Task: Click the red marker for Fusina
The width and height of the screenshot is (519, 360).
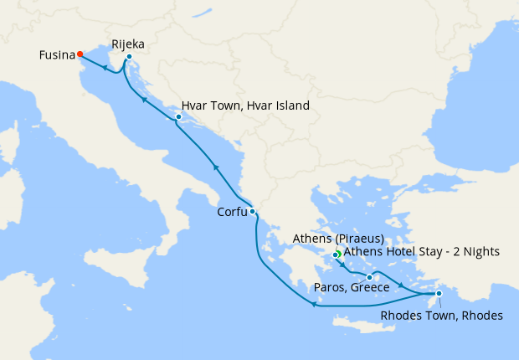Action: coord(80,54)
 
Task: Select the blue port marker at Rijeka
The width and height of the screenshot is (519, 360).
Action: coord(129,58)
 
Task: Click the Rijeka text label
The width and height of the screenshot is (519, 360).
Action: coord(128,44)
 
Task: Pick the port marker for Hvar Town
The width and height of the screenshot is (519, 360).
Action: coord(178,117)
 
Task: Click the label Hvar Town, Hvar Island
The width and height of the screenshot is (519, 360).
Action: coord(245,106)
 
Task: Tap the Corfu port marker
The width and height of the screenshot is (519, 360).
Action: coord(252,212)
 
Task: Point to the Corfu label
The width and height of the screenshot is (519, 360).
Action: coord(232,212)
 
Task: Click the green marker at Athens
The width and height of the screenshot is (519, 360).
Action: coord(336,255)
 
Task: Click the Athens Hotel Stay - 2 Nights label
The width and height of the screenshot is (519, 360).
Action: coord(421,251)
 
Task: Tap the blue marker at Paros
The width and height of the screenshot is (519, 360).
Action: coord(369,277)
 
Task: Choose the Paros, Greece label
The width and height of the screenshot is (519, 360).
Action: coord(351,288)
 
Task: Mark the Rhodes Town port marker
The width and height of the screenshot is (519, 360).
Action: coord(439,293)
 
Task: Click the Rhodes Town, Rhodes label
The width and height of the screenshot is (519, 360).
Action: coord(441,316)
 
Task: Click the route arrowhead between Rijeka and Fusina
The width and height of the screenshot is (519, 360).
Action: coord(104,69)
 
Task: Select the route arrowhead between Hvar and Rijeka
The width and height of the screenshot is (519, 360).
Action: coord(144,100)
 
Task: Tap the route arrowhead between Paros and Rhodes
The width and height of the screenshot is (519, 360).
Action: coord(404,288)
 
